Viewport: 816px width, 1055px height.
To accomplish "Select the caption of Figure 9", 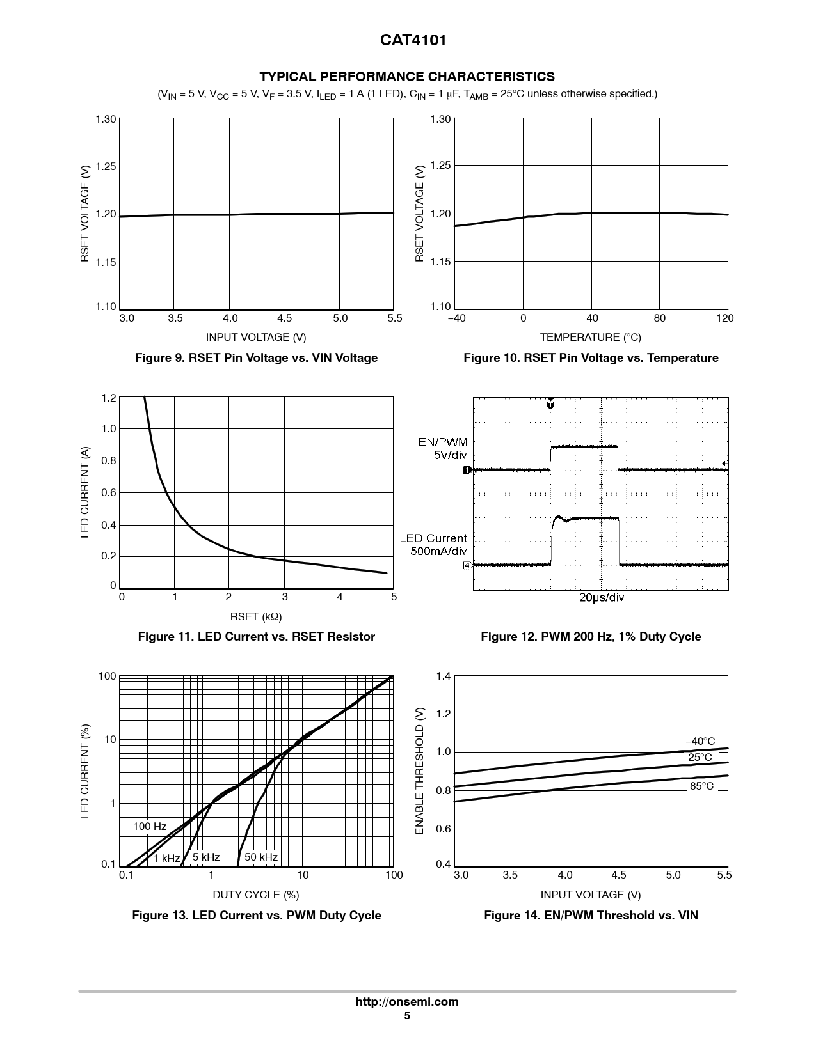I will tap(256, 358).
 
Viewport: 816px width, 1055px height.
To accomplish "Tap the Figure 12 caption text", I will tap(591, 637).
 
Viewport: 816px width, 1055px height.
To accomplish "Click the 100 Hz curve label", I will tap(149, 826).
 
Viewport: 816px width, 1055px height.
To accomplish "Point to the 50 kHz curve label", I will tap(260, 857).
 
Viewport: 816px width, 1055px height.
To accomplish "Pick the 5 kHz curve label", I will tap(205, 857).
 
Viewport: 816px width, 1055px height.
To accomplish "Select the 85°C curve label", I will tap(701, 786).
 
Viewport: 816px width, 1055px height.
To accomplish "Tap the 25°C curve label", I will tap(700, 758).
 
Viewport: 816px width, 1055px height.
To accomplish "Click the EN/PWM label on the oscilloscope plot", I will tap(443, 442).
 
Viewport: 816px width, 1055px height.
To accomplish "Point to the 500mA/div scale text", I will tap(438, 551).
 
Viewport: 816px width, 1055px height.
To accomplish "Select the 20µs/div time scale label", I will tap(601, 598).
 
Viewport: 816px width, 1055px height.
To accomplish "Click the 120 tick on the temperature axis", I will tap(725, 318).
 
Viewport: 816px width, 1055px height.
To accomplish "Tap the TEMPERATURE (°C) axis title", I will tap(590, 337).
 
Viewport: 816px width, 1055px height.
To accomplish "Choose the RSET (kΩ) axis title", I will tap(256, 616).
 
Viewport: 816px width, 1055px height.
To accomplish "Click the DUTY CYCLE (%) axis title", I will tap(256, 895).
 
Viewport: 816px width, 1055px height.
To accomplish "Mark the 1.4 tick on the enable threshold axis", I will tap(443, 676).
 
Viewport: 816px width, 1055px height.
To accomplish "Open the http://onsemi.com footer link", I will tap(407, 1002).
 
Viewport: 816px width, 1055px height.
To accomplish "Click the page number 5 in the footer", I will tap(407, 1015).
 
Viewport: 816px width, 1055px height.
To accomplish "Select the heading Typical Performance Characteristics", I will tap(407, 77).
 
